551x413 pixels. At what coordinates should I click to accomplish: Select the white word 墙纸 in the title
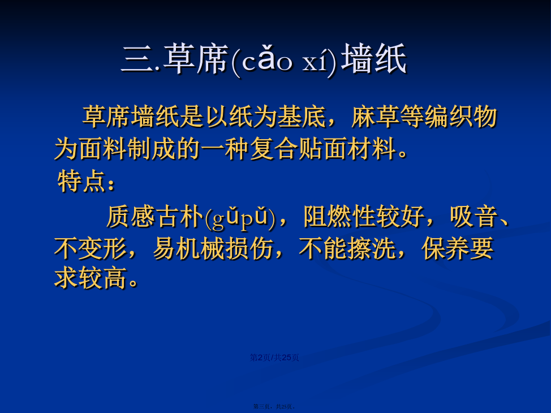[x=374, y=59]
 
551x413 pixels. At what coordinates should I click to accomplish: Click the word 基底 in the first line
[x=302, y=117]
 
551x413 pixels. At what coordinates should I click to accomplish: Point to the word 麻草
[x=375, y=117]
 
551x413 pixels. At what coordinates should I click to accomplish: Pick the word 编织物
[x=461, y=117]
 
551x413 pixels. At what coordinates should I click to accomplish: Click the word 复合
[x=274, y=149]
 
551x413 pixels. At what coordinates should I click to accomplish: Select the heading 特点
[x=81, y=181]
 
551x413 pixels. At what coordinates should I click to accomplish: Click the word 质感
[x=130, y=216]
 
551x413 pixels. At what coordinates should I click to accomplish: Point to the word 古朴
[x=179, y=216]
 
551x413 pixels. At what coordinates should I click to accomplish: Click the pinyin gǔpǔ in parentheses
[x=240, y=218]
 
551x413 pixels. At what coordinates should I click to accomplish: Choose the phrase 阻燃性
[x=340, y=216]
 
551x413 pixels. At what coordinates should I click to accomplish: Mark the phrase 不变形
[x=91, y=248]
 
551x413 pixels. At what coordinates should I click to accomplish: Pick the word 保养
[x=445, y=248]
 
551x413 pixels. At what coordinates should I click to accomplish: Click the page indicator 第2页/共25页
[x=274, y=358]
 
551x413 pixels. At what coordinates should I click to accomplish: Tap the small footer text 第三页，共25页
[x=274, y=406]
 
